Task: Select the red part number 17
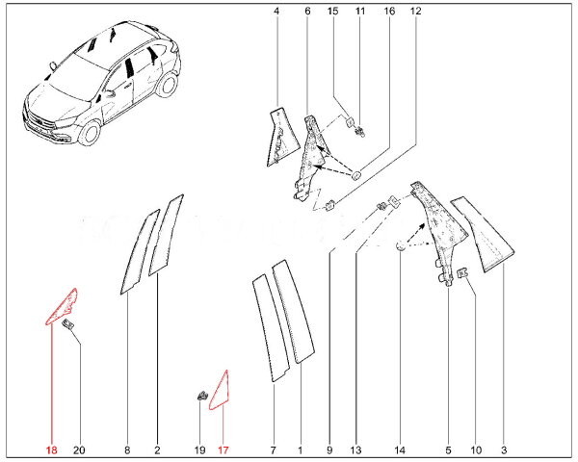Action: (223, 449)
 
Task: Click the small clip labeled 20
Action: (69, 328)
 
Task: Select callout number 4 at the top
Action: (276, 12)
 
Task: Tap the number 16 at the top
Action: (389, 12)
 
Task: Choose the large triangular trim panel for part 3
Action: (486, 235)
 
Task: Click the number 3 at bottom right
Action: (503, 449)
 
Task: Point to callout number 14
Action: (399, 449)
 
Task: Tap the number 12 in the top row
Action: (415, 12)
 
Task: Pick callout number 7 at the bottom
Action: (273, 449)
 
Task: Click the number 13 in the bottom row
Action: (355, 449)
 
